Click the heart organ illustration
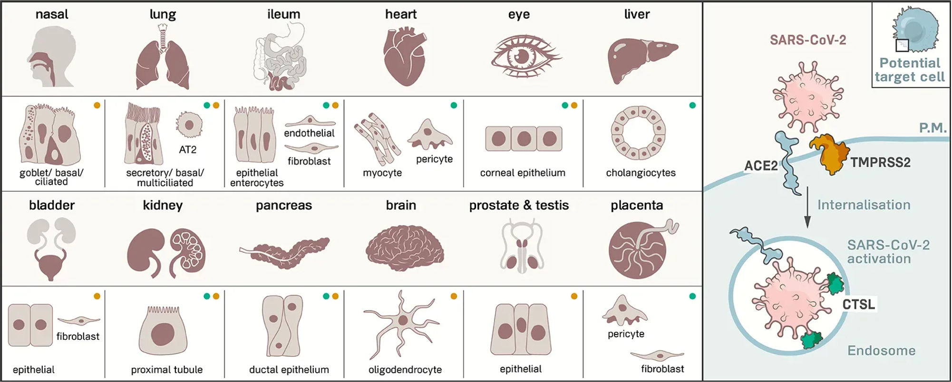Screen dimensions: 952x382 click(404, 56)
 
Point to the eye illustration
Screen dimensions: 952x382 click(525, 56)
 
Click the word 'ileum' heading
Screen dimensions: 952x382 click(283, 14)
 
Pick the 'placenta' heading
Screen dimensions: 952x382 click(637, 205)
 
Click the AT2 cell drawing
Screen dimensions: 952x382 click(189, 125)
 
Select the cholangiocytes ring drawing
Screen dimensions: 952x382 click(639, 133)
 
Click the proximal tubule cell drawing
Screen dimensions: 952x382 click(163, 331)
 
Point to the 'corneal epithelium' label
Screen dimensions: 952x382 click(523, 173)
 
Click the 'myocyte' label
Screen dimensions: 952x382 click(382, 173)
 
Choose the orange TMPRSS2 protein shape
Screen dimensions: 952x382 click(829, 153)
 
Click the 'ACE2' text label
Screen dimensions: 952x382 click(761, 166)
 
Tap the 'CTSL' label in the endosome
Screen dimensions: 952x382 click(858, 304)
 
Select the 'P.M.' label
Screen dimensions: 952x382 click(933, 128)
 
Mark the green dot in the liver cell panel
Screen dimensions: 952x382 click(692, 105)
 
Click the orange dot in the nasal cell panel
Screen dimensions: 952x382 click(97, 105)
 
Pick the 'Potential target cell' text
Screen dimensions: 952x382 click(909, 70)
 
